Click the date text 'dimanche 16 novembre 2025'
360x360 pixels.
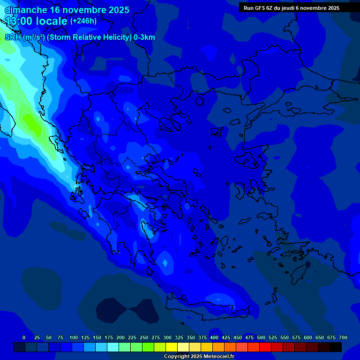67,10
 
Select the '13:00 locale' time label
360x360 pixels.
36,21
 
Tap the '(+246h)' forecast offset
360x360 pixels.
83,21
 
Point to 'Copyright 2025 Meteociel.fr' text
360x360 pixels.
199,357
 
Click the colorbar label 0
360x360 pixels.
24,337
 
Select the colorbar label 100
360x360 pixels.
74,337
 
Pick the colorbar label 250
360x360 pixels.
144,337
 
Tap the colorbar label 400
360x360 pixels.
214,337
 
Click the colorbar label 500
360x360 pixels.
261,337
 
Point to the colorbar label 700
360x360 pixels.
343,337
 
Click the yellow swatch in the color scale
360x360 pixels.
172,347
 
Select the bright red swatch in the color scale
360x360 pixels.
265,347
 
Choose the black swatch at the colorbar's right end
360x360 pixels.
336,347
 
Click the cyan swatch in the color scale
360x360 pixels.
113,347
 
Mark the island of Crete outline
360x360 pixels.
211,310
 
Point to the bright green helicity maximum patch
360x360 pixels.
31,123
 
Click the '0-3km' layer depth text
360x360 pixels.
144,37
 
